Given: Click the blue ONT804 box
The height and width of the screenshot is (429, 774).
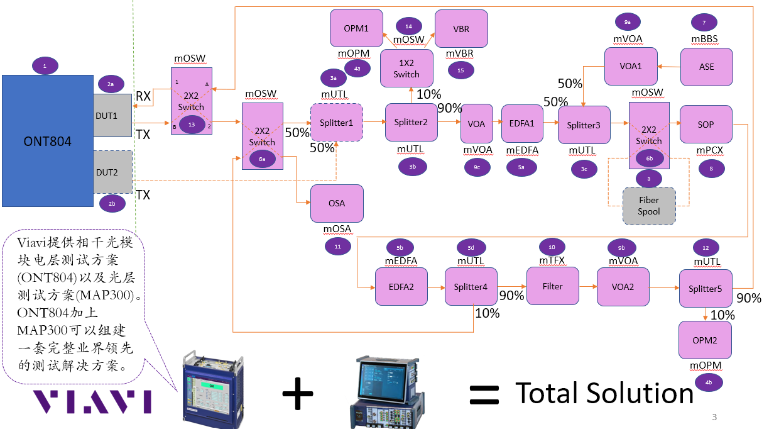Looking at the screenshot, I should (47, 141).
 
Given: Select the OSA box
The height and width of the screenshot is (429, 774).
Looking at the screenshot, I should (337, 203).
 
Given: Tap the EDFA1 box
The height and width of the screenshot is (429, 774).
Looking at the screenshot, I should (521, 124).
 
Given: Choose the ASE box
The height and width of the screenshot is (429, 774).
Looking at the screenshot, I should (706, 67).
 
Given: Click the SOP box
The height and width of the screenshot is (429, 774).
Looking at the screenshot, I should (706, 125).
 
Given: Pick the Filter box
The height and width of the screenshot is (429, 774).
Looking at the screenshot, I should (552, 286).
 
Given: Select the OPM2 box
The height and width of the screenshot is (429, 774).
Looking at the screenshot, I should (705, 340).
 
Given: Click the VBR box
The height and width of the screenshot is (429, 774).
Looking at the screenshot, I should (461, 29).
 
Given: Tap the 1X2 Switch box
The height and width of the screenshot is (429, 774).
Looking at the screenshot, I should (406, 69).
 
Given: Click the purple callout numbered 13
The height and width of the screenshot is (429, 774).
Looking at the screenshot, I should (192, 125).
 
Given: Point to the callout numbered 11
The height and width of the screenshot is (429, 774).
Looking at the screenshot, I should (337, 246).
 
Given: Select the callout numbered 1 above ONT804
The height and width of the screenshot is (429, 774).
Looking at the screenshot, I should (45, 65).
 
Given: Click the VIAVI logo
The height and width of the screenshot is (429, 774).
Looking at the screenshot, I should (92, 401).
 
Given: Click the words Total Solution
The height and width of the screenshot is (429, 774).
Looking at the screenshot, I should (604, 393).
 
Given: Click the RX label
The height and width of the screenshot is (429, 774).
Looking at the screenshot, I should (143, 96).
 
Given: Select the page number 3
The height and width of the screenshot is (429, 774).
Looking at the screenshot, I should (714, 417).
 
